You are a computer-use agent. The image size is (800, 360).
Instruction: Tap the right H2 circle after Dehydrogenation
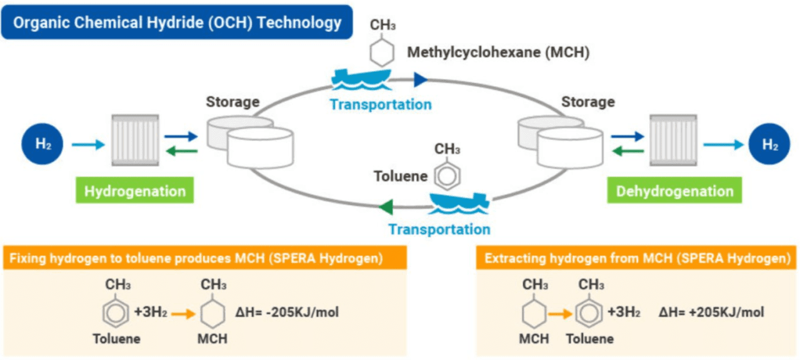pyautogui.click(x=770, y=145)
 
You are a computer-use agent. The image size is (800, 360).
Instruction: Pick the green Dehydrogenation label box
pyautogui.click(x=674, y=190)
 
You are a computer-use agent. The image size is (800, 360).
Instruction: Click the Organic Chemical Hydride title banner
pyautogui.click(x=177, y=22)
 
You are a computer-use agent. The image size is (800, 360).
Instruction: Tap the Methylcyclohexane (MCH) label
pyautogui.click(x=498, y=52)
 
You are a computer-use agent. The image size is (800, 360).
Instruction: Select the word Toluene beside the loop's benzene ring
pyautogui.click(x=401, y=176)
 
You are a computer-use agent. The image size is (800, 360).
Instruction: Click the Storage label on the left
pyautogui.click(x=233, y=101)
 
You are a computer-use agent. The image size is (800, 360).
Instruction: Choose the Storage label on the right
pyautogui.click(x=587, y=101)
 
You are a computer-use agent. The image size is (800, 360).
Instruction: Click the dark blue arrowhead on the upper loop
pyautogui.click(x=421, y=80)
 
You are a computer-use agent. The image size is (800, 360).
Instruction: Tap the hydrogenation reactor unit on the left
pyautogui.click(x=134, y=141)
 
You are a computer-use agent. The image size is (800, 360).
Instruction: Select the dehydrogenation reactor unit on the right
pyautogui.click(x=673, y=141)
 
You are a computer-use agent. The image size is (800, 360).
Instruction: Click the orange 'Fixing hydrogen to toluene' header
pyautogui.click(x=204, y=258)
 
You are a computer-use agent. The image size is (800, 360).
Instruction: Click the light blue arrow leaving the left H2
pyautogui.click(x=89, y=145)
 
